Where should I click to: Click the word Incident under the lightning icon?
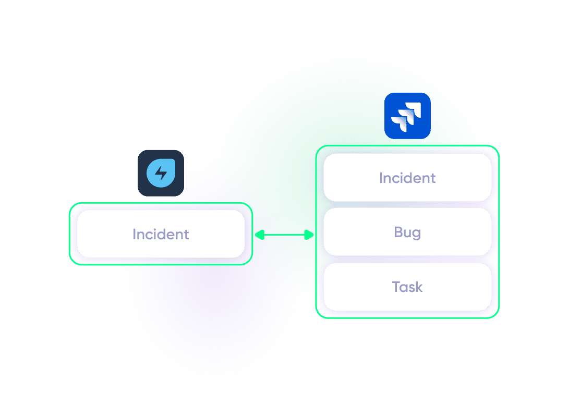pyautogui.click(x=161, y=235)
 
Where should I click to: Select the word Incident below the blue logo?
pyautogui.click(x=407, y=178)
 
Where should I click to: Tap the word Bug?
pyautogui.click(x=407, y=232)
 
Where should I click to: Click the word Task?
pyautogui.click(x=407, y=287)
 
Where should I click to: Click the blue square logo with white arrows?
pyautogui.click(x=407, y=116)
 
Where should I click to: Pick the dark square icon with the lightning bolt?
pyautogui.click(x=161, y=173)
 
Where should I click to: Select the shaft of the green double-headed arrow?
pyautogui.click(x=284, y=235)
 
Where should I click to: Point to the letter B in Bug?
pyautogui.click(x=398, y=232)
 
